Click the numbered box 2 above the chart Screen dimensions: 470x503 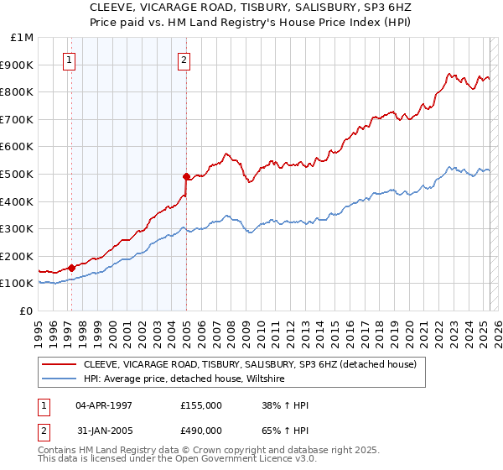pyautogui.click(x=184, y=60)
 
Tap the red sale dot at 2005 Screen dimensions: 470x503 pyautogui.click(x=186, y=176)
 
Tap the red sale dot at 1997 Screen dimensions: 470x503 pyautogui.click(x=71, y=268)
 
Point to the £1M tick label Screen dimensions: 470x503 pyautogui.click(x=22, y=38)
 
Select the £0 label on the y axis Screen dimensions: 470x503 pyautogui.click(x=26, y=311)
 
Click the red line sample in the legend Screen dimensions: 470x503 pyautogui.click(x=60, y=363)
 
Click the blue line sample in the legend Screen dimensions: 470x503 pyautogui.click(x=60, y=379)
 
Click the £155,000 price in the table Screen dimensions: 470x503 pyautogui.click(x=201, y=405)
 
